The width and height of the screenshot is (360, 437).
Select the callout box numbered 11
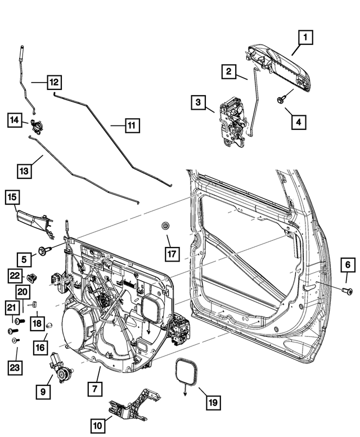coord(130,126)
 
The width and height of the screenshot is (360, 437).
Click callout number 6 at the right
coord(348,264)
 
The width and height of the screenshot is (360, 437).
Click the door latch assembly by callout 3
coord(232,122)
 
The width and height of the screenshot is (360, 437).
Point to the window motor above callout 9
coord(60,366)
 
